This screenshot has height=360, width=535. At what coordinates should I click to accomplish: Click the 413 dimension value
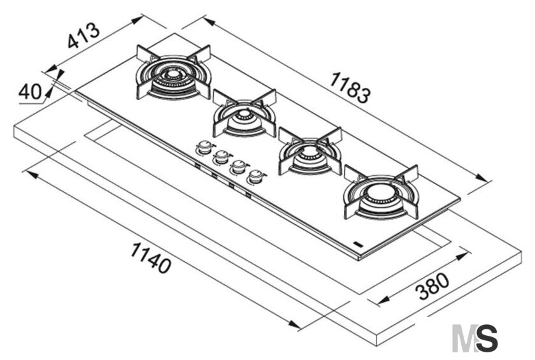point(83,36)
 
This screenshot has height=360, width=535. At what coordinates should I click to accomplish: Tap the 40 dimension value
point(30,92)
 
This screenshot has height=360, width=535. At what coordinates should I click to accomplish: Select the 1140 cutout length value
point(150,257)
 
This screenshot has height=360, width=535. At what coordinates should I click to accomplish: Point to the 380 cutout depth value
point(433,287)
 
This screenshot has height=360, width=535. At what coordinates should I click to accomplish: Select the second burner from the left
point(245,113)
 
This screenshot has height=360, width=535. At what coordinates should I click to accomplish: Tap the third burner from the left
point(310,151)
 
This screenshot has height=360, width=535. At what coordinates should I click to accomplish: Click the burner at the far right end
point(381,192)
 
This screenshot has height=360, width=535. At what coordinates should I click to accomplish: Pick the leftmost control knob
point(204,147)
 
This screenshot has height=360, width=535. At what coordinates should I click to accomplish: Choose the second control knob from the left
point(222,157)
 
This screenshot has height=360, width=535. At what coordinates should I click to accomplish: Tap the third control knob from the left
point(239,167)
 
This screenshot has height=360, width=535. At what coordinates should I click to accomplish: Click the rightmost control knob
point(256,176)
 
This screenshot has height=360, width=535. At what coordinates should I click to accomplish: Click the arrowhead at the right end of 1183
point(481,178)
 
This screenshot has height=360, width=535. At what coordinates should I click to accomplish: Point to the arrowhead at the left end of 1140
point(32,175)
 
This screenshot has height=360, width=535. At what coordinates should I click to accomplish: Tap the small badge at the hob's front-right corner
point(358,243)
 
